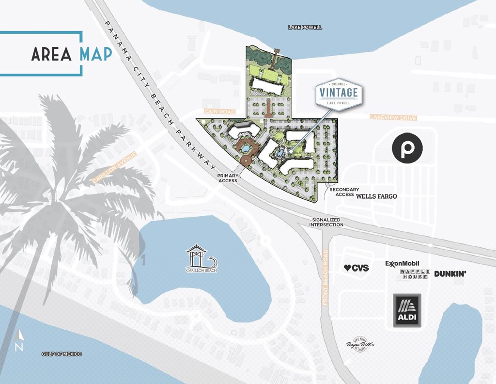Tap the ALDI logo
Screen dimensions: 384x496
tap(407, 310)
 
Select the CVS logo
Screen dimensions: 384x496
tap(356, 268)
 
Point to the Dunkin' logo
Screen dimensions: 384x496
tap(450, 274)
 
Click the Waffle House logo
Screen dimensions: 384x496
tap(414, 274)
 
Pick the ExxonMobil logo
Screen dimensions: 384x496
tap(402, 263)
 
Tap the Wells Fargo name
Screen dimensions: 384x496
tap(377, 196)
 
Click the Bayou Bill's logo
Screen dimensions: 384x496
tap(360, 344)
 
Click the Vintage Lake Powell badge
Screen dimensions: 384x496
tap(339, 95)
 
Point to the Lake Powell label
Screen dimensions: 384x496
tap(305, 28)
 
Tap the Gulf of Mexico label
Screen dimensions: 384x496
tap(62, 354)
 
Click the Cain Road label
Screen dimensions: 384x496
tap(219, 112)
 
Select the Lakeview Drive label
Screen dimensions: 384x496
tap(393, 117)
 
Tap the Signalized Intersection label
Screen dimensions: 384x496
tap(328, 222)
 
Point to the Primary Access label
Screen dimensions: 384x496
tap(227, 178)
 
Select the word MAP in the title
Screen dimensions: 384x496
tap(96, 54)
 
